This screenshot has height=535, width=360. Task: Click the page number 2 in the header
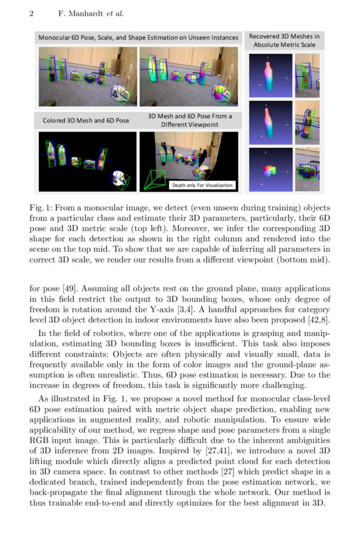pyautogui.click(x=31, y=13)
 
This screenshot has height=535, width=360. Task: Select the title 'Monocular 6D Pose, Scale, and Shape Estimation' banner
pyautogui.click(x=138, y=38)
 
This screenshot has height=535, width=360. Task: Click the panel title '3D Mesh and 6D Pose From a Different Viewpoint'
pyautogui.click(x=190, y=120)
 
